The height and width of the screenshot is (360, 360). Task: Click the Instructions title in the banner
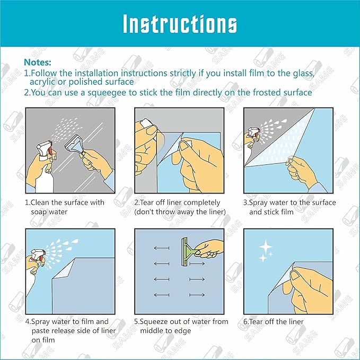point(180,24)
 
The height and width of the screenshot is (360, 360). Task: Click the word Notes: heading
point(38,63)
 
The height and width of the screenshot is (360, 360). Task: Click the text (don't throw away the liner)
point(180,212)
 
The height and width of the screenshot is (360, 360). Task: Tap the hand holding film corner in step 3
point(302,170)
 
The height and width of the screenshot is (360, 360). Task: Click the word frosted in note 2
point(257,93)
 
